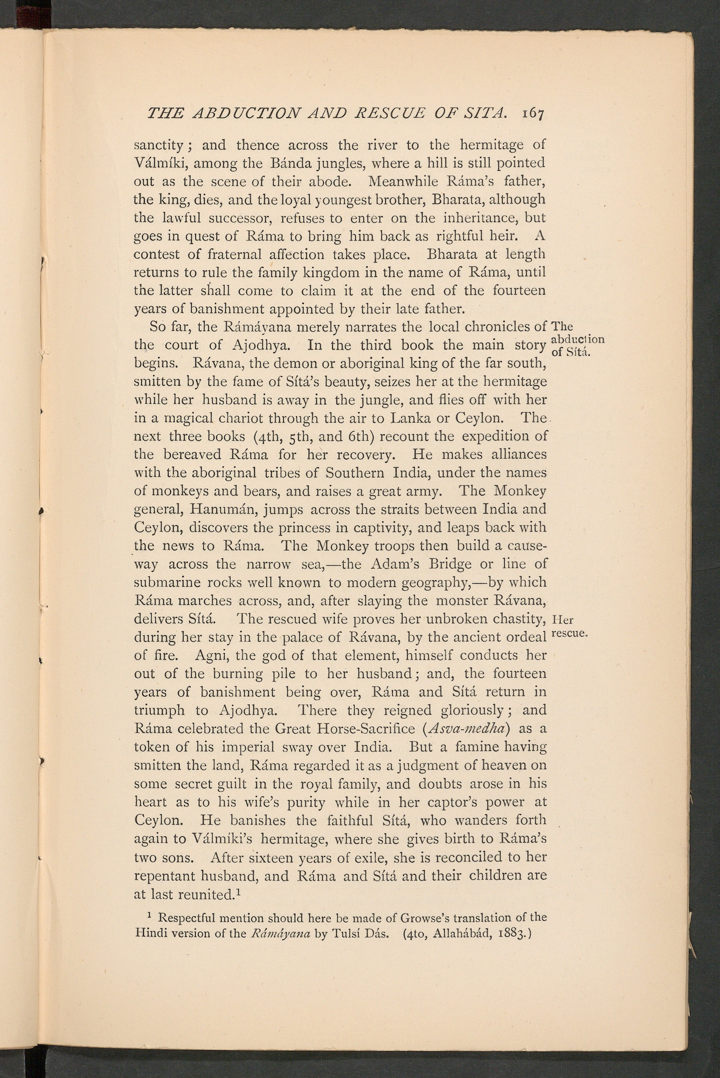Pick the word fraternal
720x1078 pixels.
coord(235,255)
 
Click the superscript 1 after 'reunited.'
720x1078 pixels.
coord(239,892)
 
